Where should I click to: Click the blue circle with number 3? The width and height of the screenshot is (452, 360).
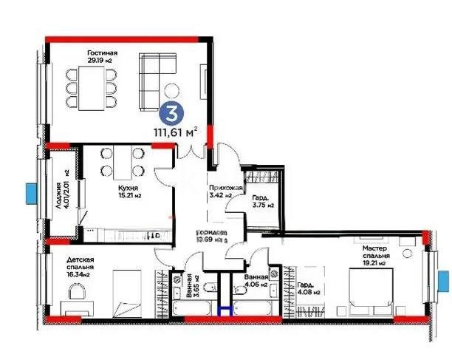(171, 115)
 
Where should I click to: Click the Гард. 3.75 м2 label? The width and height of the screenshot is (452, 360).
(262, 201)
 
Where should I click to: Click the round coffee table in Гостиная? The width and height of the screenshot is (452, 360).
(171, 92)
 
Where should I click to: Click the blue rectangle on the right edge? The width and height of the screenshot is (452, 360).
(442, 281)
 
